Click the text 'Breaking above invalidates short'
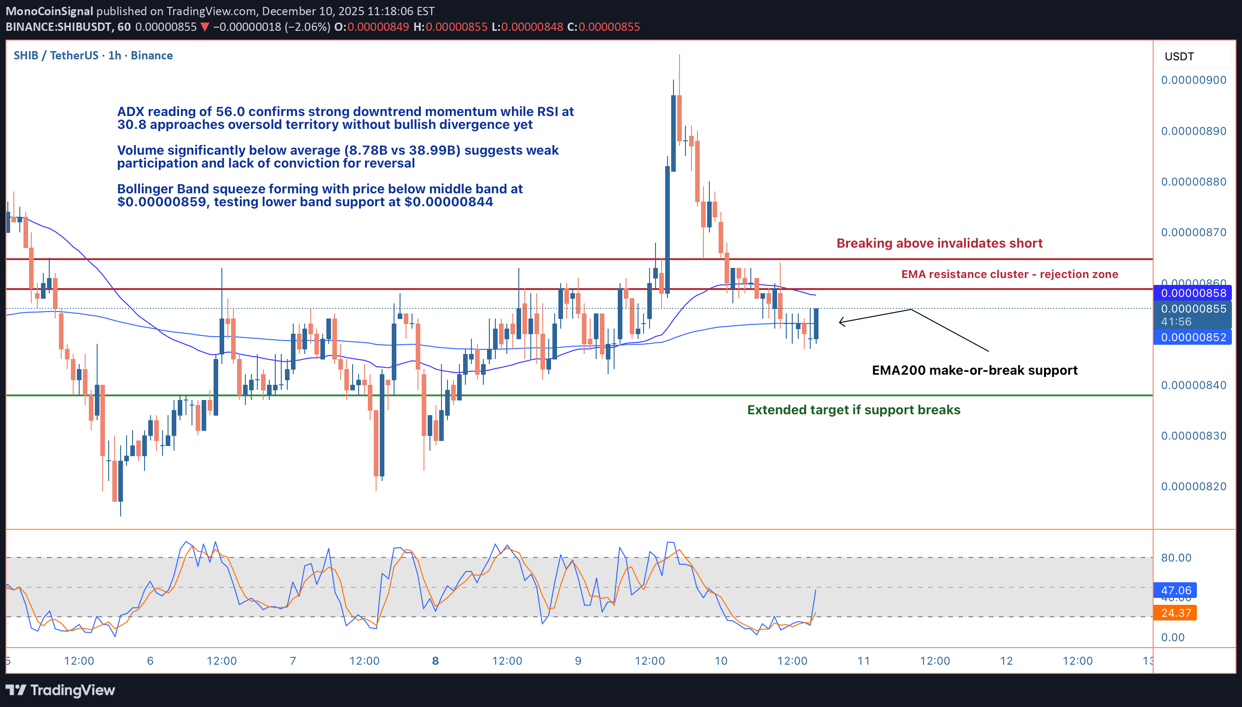click(939, 243)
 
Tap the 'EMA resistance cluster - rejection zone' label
click(1009, 274)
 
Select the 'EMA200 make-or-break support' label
click(974, 371)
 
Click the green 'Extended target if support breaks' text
click(853, 410)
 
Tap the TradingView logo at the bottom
click(60, 690)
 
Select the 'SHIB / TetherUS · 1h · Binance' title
click(93, 55)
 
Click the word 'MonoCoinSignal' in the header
click(49, 11)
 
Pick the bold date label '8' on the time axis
click(435, 661)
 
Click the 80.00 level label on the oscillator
click(1176, 557)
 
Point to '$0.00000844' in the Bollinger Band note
click(448, 202)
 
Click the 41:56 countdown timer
click(1176, 321)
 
